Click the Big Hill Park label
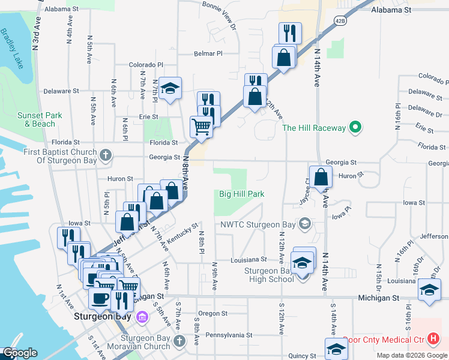tap(241, 194)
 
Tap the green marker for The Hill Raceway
tap(355, 127)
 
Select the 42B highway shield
tap(340, 20)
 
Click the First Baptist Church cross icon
tap(106, 155)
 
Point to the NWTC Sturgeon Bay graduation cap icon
tap(305, 225)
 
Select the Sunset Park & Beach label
tap(40, 119)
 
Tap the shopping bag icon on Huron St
tap(322, 177)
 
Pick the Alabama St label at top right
tap(391, 10)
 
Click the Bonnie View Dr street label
tap(220, 15)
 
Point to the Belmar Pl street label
tap(208, 53)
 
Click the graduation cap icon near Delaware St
tap(170, 89)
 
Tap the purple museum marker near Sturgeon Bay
tap(142, 317)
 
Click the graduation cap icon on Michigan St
tap(429, 290)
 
